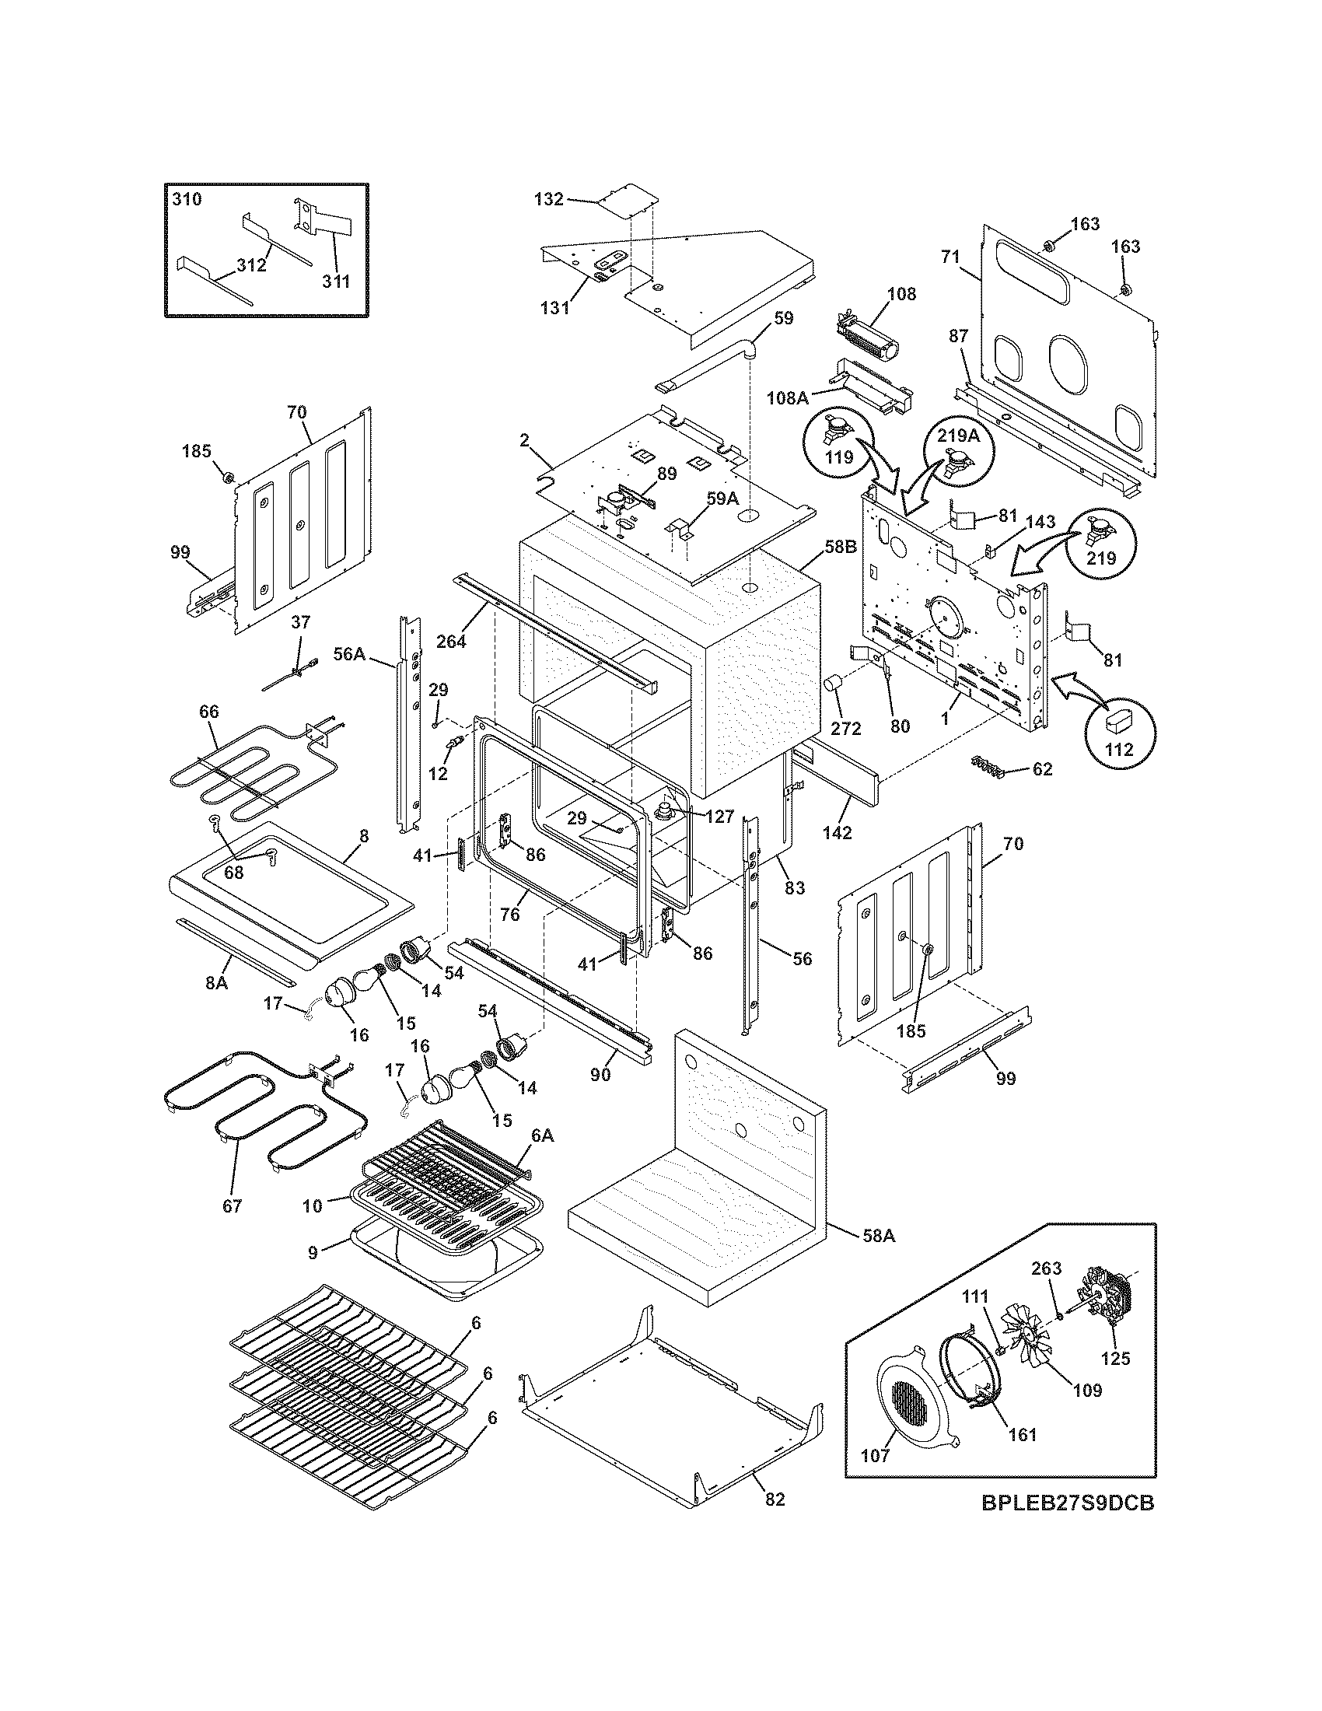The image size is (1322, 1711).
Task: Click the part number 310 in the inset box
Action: coord(187,199)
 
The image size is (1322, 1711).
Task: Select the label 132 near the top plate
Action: coord(548,199)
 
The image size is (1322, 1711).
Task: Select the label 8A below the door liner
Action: coord(217,981)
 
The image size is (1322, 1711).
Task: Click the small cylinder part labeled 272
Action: coord(835,684)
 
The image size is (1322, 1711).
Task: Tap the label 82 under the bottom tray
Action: coord(774,1499)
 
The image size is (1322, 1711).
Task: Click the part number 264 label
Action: coord(451,641)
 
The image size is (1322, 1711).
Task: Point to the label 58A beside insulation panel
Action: coord(878,1237)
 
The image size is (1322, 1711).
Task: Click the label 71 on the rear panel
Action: coord(950,257)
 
